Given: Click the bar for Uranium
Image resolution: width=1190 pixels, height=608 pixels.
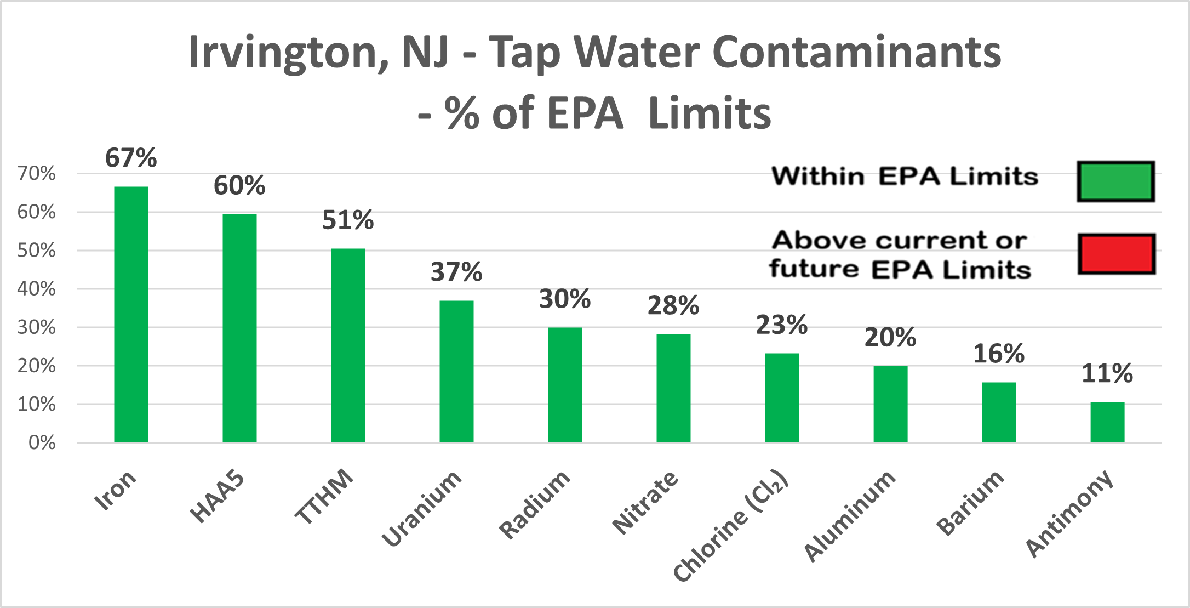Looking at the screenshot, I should pos(456,371).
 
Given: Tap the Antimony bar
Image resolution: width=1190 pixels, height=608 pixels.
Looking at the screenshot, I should pos(1107,422).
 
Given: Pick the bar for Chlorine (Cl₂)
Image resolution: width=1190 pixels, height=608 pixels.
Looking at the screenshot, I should pos(782,397).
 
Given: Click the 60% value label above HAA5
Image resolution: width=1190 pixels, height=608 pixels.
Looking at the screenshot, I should pos(239,186).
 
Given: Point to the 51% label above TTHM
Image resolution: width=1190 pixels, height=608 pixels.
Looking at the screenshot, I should pos(348,220).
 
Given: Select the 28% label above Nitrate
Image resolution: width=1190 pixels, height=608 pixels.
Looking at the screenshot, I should pos(673,306).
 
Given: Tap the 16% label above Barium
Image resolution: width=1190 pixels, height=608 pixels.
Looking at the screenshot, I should pos(999,354).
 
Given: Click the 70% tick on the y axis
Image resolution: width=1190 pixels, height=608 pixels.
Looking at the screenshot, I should pos(36,174).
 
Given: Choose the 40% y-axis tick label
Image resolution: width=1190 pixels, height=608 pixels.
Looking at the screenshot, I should pos(36,289).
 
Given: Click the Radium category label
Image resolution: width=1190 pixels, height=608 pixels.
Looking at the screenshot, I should pos(535,504).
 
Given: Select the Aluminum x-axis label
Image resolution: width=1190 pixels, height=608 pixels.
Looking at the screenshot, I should pos(850,515).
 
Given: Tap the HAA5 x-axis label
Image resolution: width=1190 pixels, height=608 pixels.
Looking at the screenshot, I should pos(218,496).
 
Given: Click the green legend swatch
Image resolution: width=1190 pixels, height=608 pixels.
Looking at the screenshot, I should pos(1115,181).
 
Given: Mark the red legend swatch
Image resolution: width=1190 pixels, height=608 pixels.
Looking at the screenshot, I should pos(1117,254).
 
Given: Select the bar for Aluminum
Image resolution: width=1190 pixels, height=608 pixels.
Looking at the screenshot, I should pos(890,404).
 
